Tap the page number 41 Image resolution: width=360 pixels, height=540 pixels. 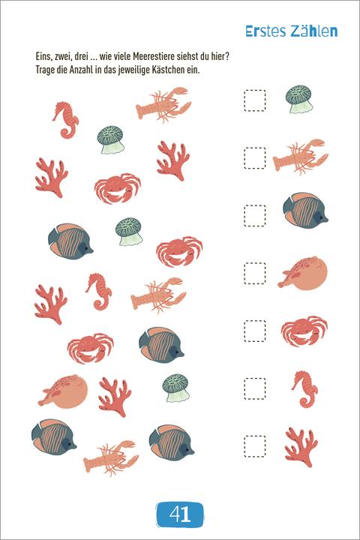pos(180,514)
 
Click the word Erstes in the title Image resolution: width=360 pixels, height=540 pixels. pos(266,31)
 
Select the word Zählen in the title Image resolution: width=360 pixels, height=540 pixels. pos(314,31)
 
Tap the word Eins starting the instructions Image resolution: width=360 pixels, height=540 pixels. pos(43,57)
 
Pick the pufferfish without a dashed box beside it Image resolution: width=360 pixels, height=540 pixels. pos(63,391)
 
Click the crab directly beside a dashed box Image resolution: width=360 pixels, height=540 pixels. pos(304,331)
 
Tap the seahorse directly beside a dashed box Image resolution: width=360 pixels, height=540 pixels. pos(305,389)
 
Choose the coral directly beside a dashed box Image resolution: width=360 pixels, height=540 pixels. pos(301,447)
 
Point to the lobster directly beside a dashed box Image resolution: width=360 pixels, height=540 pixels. pos(301,157)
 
